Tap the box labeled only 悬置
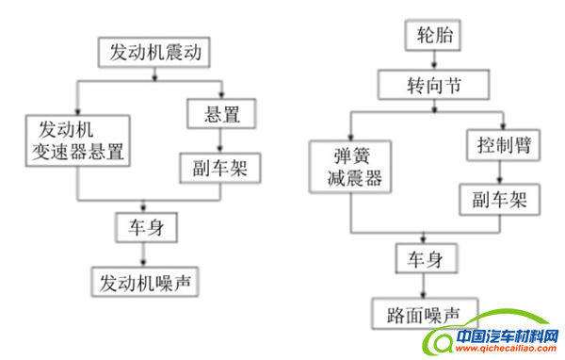coord(219,116)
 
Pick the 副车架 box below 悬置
coord(219,168)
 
